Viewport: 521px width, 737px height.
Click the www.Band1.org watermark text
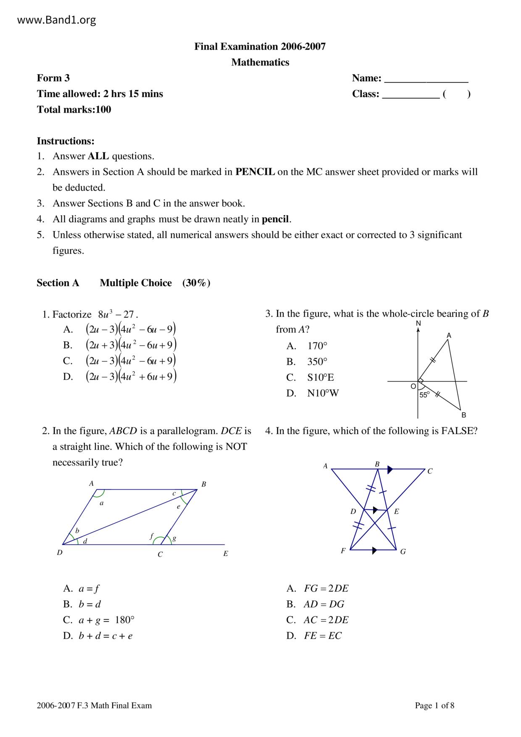(x=57, y=20)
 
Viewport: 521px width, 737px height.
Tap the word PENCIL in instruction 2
(x=255, y=172)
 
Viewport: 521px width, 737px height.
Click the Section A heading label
(x=58, y=283)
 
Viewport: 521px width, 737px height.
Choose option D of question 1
(x=120, y=376)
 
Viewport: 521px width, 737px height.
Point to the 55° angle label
(x=424, y=395)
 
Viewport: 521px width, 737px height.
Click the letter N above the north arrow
(x=418, y=323)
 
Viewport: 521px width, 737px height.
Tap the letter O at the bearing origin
(x=413, y=386)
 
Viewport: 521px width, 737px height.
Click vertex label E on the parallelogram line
(x=226, y=554)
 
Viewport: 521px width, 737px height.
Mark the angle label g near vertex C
(x=174, y=538)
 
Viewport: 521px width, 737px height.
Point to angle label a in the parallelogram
(x=101, y=503)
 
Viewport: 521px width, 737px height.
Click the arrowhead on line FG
(x=375, y=550)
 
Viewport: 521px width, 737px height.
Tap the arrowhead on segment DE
(x=375, y=510)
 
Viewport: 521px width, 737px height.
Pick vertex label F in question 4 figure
(x=343, y=551)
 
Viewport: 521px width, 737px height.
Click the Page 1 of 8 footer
(x=434, y=705)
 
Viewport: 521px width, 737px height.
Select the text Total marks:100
(x=74, y=110)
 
